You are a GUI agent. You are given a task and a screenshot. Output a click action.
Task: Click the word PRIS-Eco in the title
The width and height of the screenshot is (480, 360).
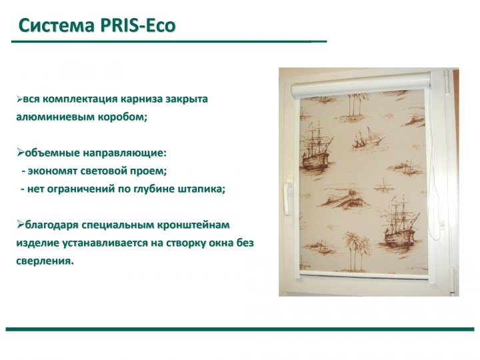137,25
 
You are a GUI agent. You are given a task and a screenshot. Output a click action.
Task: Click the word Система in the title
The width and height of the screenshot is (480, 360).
57,25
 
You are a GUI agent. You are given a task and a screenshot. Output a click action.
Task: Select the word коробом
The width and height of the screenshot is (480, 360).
123,117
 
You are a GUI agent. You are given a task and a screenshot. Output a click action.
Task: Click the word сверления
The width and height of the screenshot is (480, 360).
45,261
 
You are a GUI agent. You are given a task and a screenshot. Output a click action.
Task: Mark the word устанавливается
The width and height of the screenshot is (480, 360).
105,243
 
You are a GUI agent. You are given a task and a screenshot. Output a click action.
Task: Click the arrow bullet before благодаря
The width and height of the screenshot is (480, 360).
21,225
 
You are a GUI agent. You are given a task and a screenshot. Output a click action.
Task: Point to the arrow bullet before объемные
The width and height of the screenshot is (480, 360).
21,152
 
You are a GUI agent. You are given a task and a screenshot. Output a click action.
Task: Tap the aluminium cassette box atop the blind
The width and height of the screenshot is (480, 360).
361,84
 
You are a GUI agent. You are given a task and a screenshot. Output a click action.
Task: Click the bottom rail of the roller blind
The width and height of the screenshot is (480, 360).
364,275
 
